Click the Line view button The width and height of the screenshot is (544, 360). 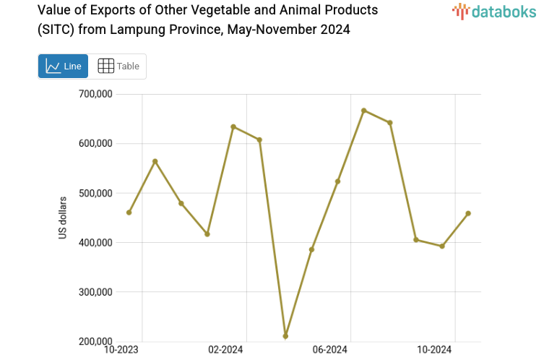point(63,66)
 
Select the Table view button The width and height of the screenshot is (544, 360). point(118,66)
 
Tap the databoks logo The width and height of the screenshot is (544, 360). point(494,11)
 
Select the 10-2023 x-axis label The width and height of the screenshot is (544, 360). point(122,351)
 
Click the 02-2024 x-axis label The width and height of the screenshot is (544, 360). point(225,351)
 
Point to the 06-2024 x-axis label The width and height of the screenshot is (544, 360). point(330,351)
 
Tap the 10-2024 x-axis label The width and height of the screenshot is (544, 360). point(435,351)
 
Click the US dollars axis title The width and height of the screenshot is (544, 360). point(63,218)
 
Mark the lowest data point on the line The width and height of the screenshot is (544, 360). point(285,336)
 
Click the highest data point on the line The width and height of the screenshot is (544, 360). point(363,111)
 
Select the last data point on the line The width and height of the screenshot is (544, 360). point(468,213)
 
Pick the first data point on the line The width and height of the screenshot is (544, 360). point(129,213)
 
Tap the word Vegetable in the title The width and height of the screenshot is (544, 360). point(195,11)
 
